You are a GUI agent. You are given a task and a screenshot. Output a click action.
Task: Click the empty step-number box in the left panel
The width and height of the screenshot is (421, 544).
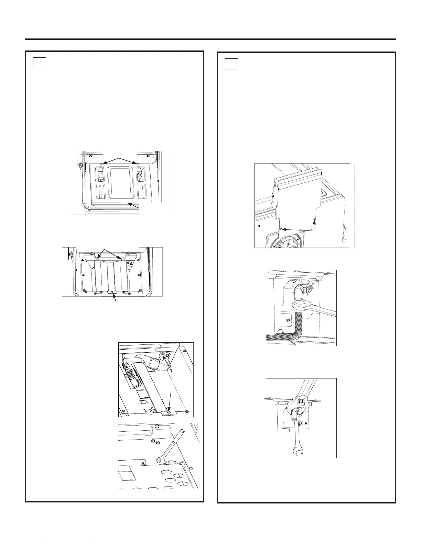click(x=40, y=63)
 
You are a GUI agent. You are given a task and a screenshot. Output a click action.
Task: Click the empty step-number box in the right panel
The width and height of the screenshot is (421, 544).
click(x=231, y=64)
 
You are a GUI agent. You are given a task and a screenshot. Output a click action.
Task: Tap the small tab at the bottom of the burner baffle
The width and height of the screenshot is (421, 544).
click(x=112, y=293)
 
